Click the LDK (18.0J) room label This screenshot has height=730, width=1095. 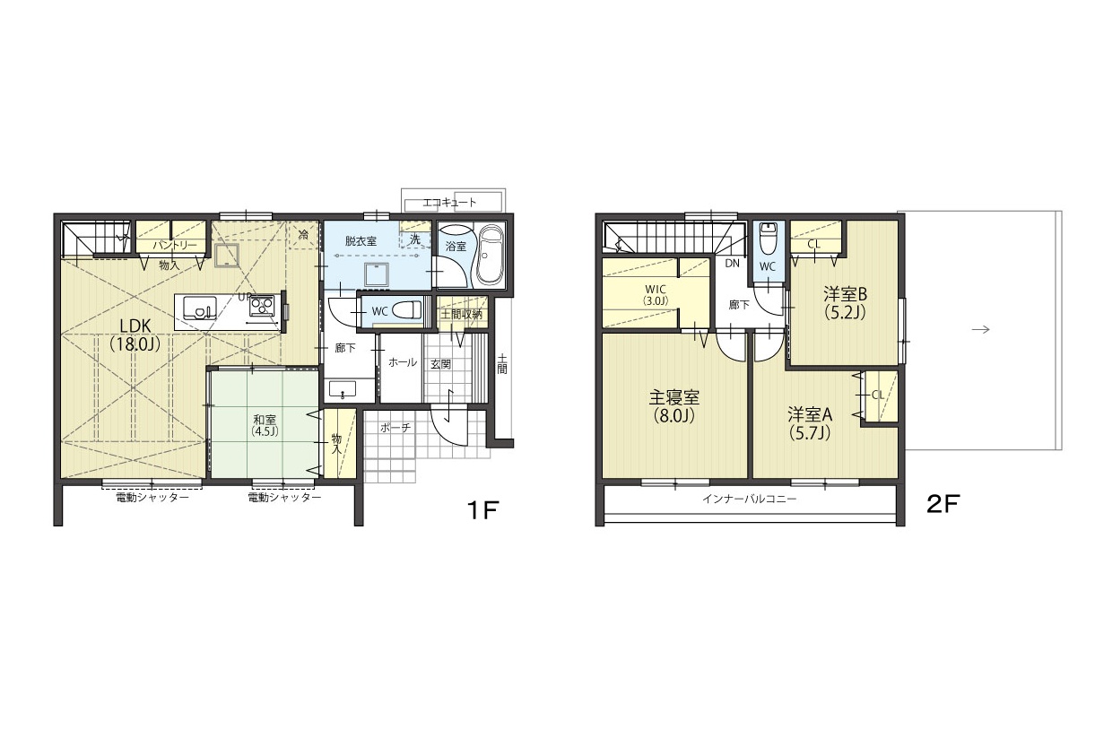click(135, 335)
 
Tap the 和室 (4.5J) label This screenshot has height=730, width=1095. click(265, 425)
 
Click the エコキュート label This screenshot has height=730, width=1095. click(449, 203)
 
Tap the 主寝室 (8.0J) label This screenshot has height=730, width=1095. click(674, 406)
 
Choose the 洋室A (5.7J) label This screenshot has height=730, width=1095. click(810, 423)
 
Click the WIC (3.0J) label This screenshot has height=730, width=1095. click(656, 295)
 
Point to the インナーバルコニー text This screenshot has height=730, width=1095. click(750, 499)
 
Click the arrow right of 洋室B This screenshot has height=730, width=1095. click(980, 329)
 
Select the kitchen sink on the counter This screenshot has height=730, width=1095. click(200, 308)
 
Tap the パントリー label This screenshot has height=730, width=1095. click(175, 246)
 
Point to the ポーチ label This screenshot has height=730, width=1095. click(395, 428)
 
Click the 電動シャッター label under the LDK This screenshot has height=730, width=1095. click(152, 497)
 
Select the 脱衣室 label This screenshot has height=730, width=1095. click(361, 240)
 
